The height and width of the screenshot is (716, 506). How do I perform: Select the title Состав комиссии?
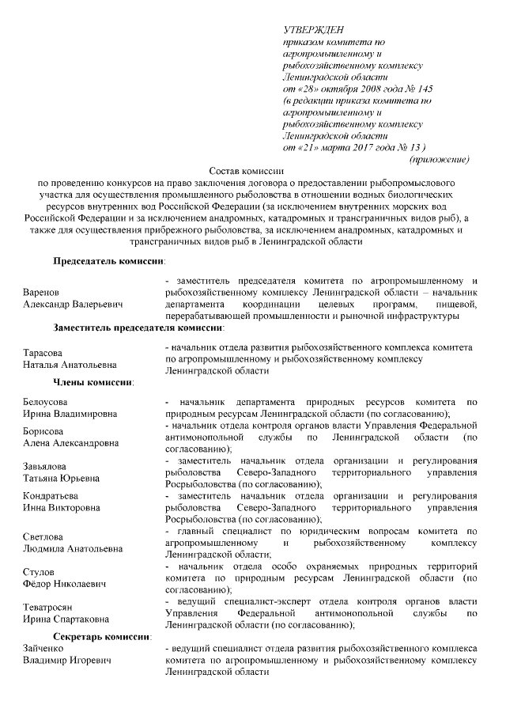(246, 171)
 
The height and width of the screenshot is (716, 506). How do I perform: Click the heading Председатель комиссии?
(109, 260)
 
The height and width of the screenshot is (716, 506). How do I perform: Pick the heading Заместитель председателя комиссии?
(138, 326)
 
